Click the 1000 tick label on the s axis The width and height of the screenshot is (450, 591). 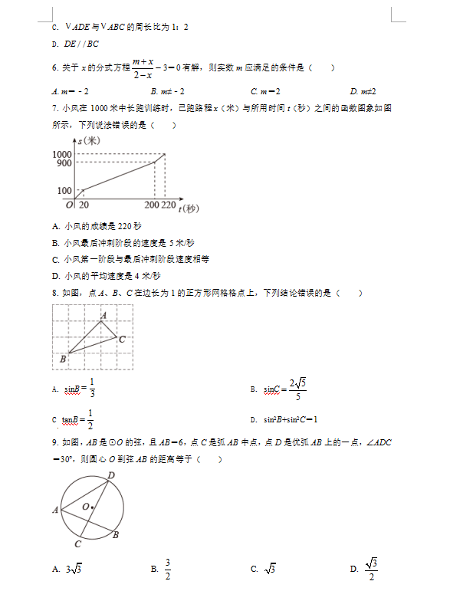tap(62, 155)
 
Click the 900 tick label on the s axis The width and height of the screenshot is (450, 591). tap(64, 163)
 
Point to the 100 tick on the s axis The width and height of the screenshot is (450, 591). tap(64, 191)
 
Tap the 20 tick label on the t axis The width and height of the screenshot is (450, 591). tap(84, 205)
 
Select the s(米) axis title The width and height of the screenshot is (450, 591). tap(90, 141)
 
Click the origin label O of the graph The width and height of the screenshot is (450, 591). tap(68, 205)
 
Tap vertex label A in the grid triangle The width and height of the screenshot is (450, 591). tap(103, 314)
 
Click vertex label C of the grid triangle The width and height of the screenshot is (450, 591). tap(122, 338)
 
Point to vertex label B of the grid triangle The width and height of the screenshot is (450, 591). tap(63, 359)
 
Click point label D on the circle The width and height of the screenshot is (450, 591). tap(112, 476)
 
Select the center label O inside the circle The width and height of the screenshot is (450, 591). tap(85, 506)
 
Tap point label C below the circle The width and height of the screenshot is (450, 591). tap(78, 543)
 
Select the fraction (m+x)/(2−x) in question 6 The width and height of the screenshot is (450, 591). tap(143, 67)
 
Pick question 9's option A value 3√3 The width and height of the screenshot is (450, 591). tap(74, 569)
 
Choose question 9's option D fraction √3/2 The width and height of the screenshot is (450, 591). tap(372, 569)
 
